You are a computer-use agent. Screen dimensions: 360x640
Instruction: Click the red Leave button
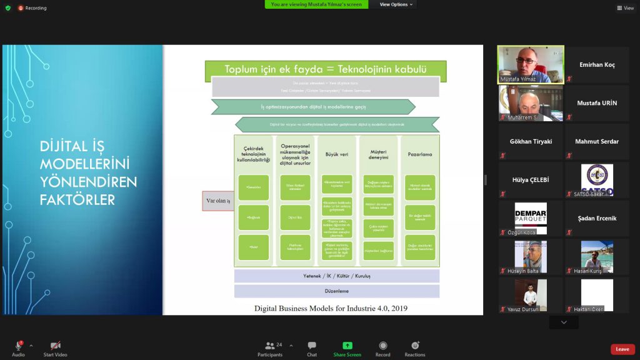pos(622,349)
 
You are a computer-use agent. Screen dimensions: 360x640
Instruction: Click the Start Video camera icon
pos(56,346)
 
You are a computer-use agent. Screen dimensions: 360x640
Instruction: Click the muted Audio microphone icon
pos(18,346)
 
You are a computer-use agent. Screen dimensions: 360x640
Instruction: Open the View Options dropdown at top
pos(396,4)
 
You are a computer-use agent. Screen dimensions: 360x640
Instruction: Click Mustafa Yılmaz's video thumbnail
pos(531,64)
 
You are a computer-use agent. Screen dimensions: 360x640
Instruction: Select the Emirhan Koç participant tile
pos(597,65)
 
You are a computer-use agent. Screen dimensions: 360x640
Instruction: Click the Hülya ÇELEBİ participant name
pos(531,179)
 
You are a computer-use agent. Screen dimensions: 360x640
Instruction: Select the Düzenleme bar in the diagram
pos(337,291)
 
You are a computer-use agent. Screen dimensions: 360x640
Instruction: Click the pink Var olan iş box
pos(218,201)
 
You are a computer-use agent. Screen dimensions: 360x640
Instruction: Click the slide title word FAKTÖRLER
pos(77,199)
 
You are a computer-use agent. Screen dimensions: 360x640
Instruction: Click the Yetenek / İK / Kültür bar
pos(337,275)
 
